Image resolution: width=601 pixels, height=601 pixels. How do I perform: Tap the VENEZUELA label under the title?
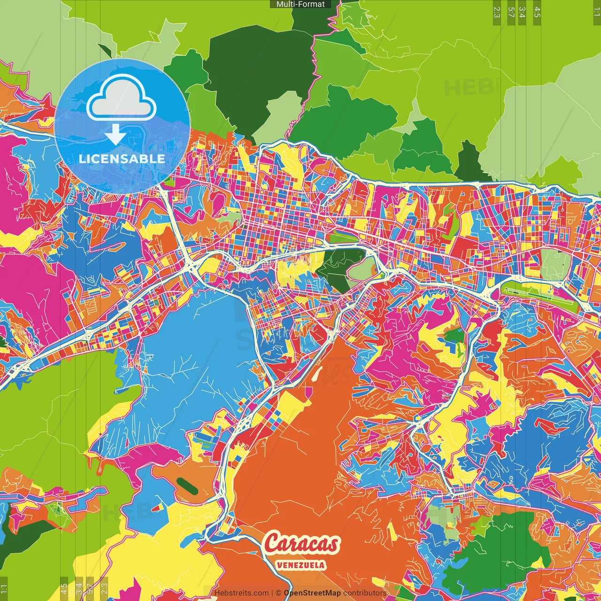[301, 565]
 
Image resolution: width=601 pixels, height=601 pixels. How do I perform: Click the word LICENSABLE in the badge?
[122, 159]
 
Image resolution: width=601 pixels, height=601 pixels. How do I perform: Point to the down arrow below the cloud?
[115, 136]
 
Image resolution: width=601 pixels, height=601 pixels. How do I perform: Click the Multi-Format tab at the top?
[300, 4]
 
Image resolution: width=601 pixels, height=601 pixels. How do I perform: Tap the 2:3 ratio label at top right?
[497, 12]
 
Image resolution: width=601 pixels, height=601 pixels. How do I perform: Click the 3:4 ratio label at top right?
[522, 12]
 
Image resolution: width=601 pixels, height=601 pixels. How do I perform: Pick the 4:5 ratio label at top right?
[537, 12]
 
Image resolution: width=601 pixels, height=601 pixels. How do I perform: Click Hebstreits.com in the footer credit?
[241, 593]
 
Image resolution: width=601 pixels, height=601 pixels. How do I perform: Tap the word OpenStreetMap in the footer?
[312, 593]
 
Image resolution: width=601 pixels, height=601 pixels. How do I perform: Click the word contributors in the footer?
[364, 593]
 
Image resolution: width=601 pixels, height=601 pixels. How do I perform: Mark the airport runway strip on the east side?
[540, 294]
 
